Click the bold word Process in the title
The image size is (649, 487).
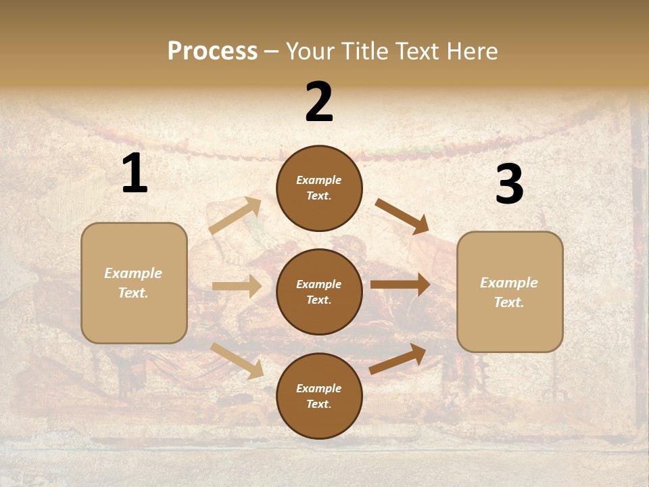click(212, 51)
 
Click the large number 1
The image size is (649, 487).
click(135, 174)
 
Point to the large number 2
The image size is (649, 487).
click(319, 102)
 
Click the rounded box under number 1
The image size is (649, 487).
click(134, 283)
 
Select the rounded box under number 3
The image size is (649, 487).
click(510, 292)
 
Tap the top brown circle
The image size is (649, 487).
click(319, 188)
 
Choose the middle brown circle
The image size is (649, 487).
click(319, 292)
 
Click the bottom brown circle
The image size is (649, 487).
click(319, 396)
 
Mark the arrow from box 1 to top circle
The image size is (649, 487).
click(235, 216)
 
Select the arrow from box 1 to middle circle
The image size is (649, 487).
click(237, 286)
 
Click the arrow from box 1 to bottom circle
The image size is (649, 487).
click(237, 361)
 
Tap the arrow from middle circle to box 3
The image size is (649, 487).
click(400, 285)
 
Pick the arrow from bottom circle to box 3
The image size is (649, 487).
click(398, 358)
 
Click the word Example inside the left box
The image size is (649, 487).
click(133, 273)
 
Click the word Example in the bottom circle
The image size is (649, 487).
click(319, 388)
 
